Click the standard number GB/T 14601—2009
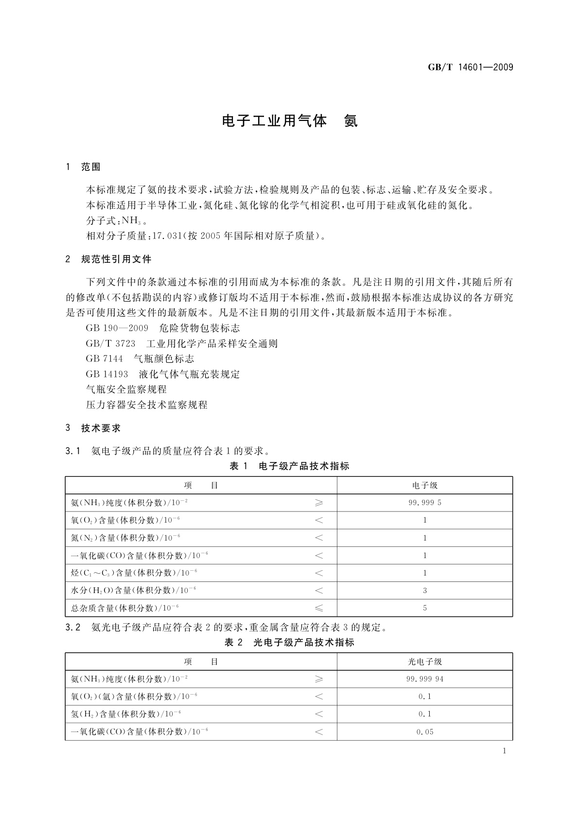point(470,67)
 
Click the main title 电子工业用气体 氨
point(290,121)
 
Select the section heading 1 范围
point(83,167)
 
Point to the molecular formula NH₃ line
point(117,221)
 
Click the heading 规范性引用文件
point(116,259)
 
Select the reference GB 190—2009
point(117,328)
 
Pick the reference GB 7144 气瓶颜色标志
point(140,359)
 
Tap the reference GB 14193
point(107,374)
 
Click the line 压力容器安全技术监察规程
point(146,405)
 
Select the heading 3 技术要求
point(93,428)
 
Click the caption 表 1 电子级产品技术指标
point(289,466)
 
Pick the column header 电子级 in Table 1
point(424,485)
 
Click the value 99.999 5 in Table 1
point(424,503)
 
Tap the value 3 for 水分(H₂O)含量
point(424,591)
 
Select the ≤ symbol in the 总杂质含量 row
point(319,608)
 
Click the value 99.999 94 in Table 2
point(424,679)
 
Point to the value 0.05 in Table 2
point(424,732)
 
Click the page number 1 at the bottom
point(504,751)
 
